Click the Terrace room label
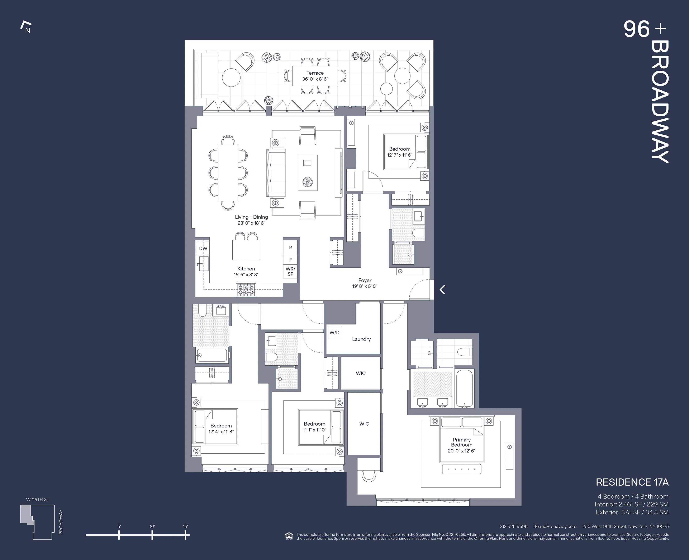coord(315,73)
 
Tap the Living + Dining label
coord(251,217)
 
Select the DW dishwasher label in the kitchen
coord(203,248)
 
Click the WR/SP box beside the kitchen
coord(290,271)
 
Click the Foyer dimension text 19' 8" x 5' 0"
coord(365,286)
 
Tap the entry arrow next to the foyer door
coord(443,290)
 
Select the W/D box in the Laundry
coord(334,333)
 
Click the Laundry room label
coord(361,339)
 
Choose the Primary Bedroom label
coord(462,442)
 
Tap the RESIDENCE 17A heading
coord(632,482)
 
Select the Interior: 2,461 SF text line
coord(631,504)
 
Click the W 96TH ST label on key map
coord(38,500)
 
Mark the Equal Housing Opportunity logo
coord(289,536)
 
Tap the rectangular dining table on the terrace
coord(315,76)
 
